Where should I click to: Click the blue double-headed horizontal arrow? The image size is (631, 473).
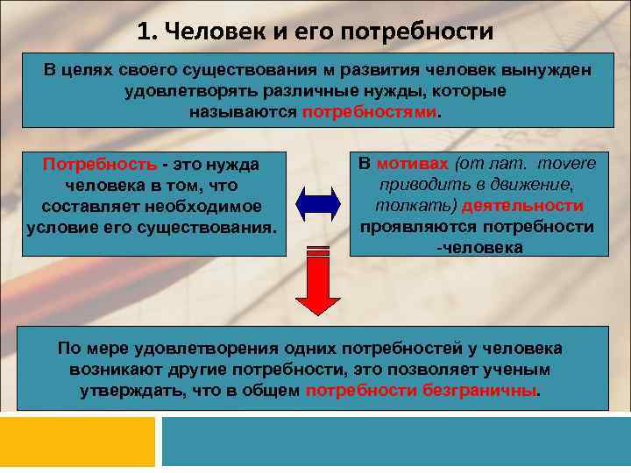tap(317, 202)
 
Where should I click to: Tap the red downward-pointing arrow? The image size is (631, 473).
tap(317, 280)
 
